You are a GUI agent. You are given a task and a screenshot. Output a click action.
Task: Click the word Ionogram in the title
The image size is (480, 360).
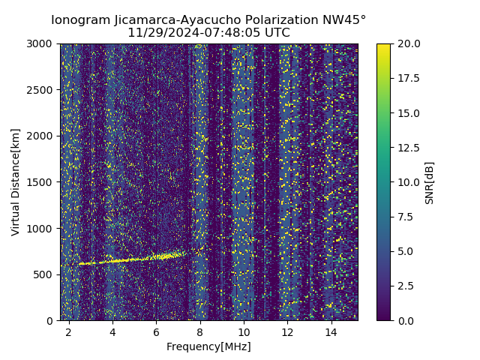point(79,20)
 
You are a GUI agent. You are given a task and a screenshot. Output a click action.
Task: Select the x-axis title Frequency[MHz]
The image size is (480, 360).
point(208,346)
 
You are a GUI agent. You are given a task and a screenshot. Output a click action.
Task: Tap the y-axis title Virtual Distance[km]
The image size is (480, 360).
point(16,181)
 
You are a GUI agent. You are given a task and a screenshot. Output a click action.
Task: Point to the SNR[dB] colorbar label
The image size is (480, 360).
point(430,182)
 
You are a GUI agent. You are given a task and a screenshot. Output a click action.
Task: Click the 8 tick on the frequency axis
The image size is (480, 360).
point(200,331)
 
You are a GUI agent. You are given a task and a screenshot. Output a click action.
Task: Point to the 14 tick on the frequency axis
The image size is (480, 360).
point(331,331)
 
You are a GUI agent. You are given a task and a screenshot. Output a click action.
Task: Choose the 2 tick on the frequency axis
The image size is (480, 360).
point(69,331)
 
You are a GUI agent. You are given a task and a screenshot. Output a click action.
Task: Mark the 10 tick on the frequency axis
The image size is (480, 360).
point(244,331)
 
